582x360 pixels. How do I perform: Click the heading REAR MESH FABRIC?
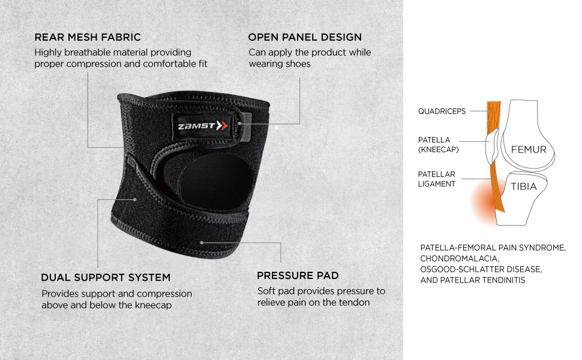pyautogui.click(x=88, y=37)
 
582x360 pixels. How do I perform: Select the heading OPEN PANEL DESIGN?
pyautogui.click(x=305, y=37)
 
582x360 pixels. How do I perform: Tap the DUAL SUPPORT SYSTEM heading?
pyautogui.click(x=106, y=278)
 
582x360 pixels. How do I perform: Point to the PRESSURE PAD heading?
pyautogui.click(x=298, y=276)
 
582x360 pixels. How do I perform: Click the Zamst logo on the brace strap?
pyautogui.click(x=203, y=126)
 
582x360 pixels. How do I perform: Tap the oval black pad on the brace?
pyautogui.click(x=215, y=182)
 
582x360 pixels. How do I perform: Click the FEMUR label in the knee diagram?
pyautogui.click(x=529, y=149)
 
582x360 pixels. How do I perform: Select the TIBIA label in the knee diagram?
pyautogui.click(x=524, y=187)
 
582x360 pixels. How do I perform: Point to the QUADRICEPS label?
pyautogui.click(x=442, y=112)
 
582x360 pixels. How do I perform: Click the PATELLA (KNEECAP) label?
pyautogui.click(x=439, y=145)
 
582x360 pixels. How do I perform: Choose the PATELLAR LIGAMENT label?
pyautogui.click(x=437, y=179)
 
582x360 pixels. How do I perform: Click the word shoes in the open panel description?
pyautogui.click(x=296, y=64)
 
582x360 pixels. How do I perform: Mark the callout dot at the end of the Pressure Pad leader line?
pyautogui.click(x=202, y=243)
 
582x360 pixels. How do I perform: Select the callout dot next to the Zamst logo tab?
pyautogui.click(x=240, y=124)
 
